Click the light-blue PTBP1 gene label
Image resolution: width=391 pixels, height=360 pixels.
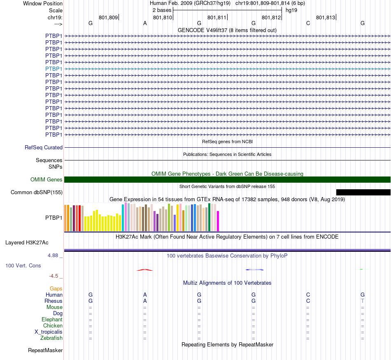click(x=54, y=69)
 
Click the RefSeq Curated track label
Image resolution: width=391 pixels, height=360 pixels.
click(x=44, y=147)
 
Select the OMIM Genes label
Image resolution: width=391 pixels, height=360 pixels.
click(x=47, y=179)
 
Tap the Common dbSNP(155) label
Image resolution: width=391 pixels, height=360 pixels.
click(x=37, y=192)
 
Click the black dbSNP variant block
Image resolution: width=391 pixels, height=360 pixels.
click(x=363, y=192)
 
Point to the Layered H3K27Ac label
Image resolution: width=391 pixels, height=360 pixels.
click(x=27, y=242)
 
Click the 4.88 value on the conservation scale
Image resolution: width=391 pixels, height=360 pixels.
click(x=55, y=255)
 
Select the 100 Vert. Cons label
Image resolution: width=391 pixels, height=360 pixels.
click(x=23, y=265)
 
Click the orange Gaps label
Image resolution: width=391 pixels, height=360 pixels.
click(x=56, y=288)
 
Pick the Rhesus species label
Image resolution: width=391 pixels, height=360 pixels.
click(x=54, y=301)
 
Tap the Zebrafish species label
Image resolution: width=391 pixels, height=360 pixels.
click(x=51, y=338)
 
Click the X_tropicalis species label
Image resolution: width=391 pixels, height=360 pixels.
click(x=49, y=332)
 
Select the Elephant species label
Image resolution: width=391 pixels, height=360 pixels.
click(x=52, y=319)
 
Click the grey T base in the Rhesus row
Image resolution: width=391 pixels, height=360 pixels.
click(x=363, y=301)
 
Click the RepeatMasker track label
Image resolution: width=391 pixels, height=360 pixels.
click(x=45, y=350)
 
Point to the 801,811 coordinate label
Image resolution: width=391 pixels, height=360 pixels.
click(x=217, y=18)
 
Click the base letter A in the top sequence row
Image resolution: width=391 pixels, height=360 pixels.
click(x=145, y=23)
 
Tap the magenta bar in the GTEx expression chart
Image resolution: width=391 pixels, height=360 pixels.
click(x=218, y=221)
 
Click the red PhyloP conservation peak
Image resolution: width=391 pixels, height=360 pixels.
click(x=145, y=269)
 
